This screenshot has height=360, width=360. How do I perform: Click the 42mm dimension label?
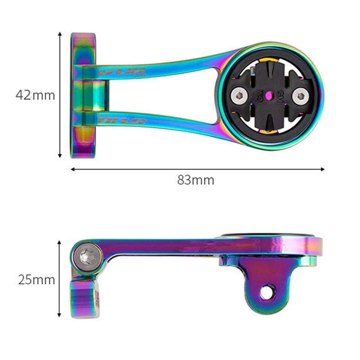point(35,95)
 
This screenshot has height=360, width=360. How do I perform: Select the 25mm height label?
point(36,279)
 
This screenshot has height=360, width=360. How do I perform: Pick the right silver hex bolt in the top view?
point(300,96)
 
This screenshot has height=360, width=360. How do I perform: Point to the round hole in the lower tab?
point(267,292)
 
